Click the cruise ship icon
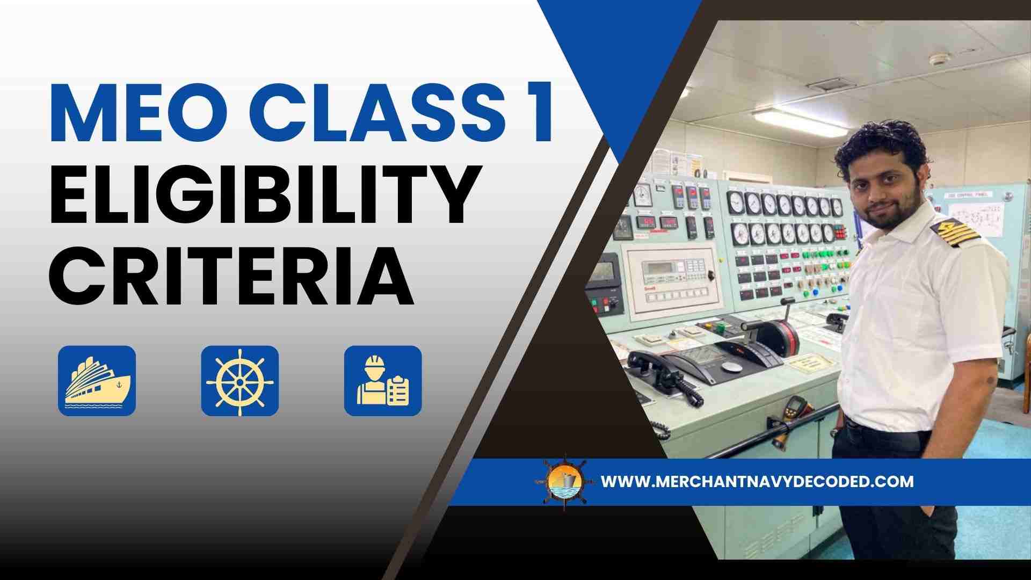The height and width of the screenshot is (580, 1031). pos(97,381)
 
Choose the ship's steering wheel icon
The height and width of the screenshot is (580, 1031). pos(240,381)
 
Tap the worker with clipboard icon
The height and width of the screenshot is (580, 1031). pos(383,381)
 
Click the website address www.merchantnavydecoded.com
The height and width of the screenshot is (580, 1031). pos(757,481)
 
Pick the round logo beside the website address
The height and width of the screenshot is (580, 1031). pos(565,482)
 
